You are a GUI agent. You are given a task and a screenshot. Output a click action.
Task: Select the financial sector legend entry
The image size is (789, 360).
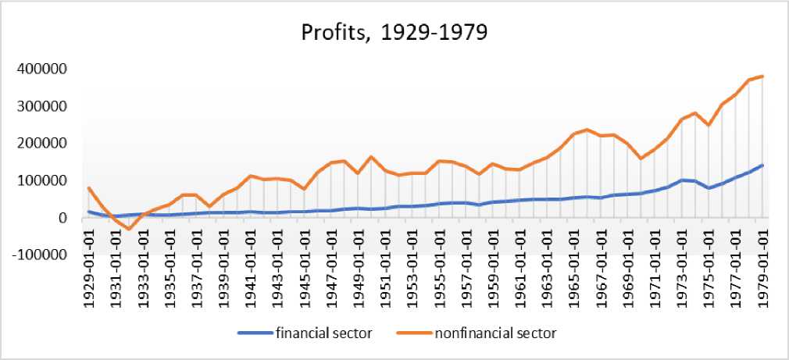(322, 333)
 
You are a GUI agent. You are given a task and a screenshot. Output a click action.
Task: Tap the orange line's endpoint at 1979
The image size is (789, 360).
(762, 77)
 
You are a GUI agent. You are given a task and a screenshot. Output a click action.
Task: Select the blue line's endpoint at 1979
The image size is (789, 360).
(762, 166)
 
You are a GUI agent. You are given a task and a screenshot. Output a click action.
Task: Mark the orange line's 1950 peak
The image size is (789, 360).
(372, 157)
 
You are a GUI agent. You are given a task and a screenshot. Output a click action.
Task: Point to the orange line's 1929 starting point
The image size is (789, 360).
(89, 187)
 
